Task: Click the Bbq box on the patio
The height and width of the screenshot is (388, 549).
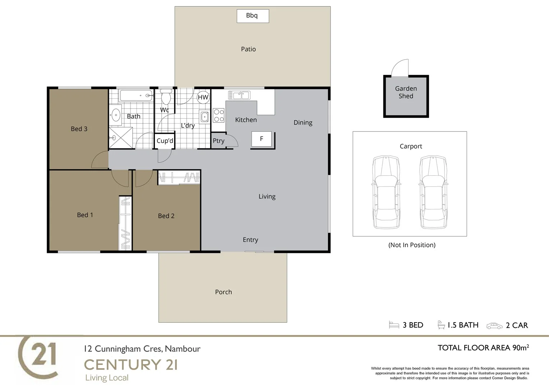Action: tap(253, 16)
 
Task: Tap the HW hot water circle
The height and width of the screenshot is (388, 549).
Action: tap(203, 97)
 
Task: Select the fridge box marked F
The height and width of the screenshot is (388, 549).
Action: tap(262, 139)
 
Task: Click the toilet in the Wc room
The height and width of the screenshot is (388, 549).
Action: tap(166, 97)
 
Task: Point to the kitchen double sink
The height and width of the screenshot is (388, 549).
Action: tap(239, 95)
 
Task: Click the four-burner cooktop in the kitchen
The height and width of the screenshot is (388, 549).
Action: tap(219, 115)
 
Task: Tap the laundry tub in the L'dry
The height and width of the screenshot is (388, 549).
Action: tap(205, 117)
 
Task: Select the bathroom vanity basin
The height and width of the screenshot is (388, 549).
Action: tap(116, 115)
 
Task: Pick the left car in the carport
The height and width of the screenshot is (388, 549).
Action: tap(386, 192)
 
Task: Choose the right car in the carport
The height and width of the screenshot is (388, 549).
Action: tap(433, 192)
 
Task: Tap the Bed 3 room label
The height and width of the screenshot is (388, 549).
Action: tap(79, 129)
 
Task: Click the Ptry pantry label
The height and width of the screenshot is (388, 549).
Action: tap(218, 141)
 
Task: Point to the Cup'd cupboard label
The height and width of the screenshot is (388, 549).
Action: tap(165, 141)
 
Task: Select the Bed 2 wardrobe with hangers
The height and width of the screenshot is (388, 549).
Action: tap(179, 177)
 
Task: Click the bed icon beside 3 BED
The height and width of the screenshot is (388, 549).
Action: tap(394, 325)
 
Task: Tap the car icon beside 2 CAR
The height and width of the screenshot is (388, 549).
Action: tap(494, 326)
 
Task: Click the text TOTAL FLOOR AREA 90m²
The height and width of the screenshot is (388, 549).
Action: tap(483, 348)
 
